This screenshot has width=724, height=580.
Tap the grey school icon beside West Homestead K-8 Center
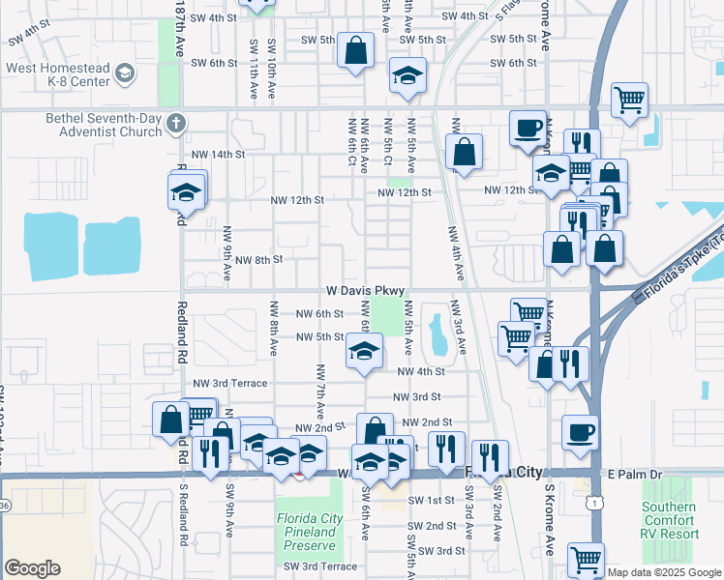click(125, 73)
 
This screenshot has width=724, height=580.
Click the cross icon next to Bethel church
click(174, 123)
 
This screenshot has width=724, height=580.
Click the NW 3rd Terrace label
click(229, 383)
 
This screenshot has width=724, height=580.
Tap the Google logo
click(32, 568)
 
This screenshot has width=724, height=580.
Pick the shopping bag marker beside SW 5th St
click(356, 51)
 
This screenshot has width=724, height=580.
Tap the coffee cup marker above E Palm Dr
click(580, 432)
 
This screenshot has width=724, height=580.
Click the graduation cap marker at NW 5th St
click(365, 351)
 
